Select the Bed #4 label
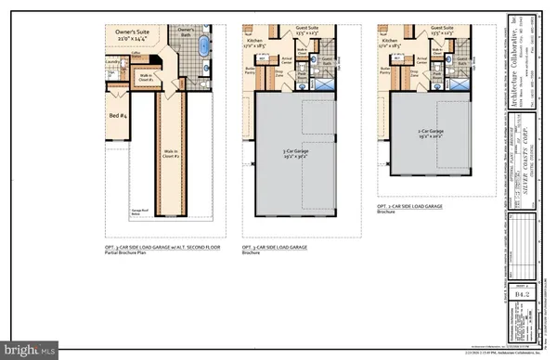click(117, 114)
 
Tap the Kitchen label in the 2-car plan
click(389, 41)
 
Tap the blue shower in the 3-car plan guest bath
click(330, 84)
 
